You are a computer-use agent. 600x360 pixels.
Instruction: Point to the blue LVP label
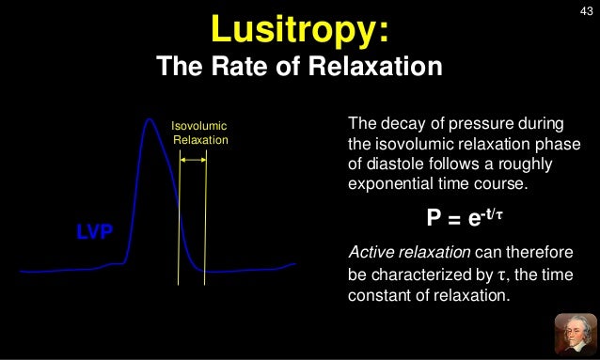94,231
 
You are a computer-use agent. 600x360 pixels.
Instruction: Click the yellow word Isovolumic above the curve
198,126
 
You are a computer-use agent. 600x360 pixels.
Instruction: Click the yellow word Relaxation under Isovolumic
201,140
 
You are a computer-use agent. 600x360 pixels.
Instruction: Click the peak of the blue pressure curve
148,118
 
